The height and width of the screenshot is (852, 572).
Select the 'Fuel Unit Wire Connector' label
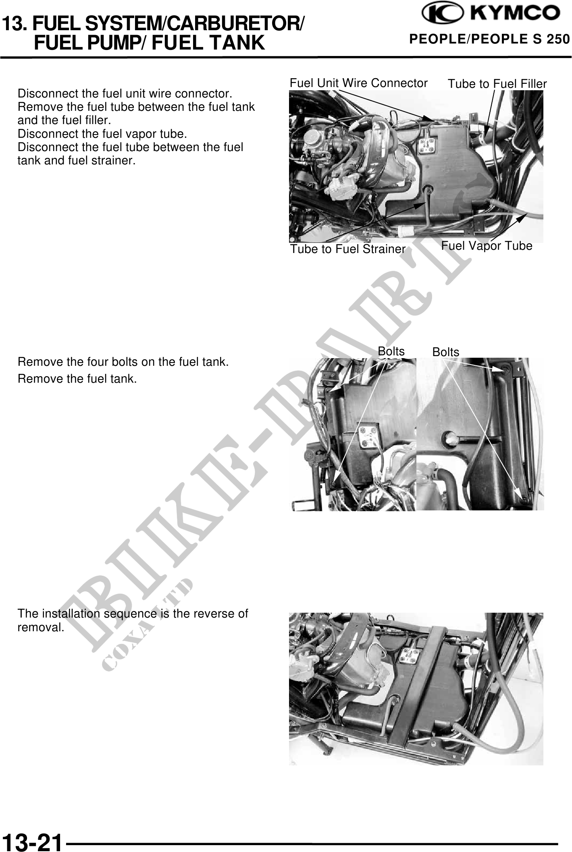point(358,83)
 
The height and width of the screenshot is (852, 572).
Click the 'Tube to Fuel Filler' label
point(497,84)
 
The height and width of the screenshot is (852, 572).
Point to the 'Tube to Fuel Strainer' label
point(348,249)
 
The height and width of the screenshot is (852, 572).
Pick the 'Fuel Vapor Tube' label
point(487,245)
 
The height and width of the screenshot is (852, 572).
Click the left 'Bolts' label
point(391,351)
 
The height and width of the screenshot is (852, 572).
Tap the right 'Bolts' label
point(445,352)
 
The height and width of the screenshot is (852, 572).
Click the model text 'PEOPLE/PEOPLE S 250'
point(490,39)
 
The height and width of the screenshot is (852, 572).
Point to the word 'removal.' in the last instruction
point(41,627)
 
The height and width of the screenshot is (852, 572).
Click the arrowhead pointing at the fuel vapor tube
point(521,218)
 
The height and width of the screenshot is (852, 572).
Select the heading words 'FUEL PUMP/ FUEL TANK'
point(150,43)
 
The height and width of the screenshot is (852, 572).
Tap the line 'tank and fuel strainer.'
point(77,160)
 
